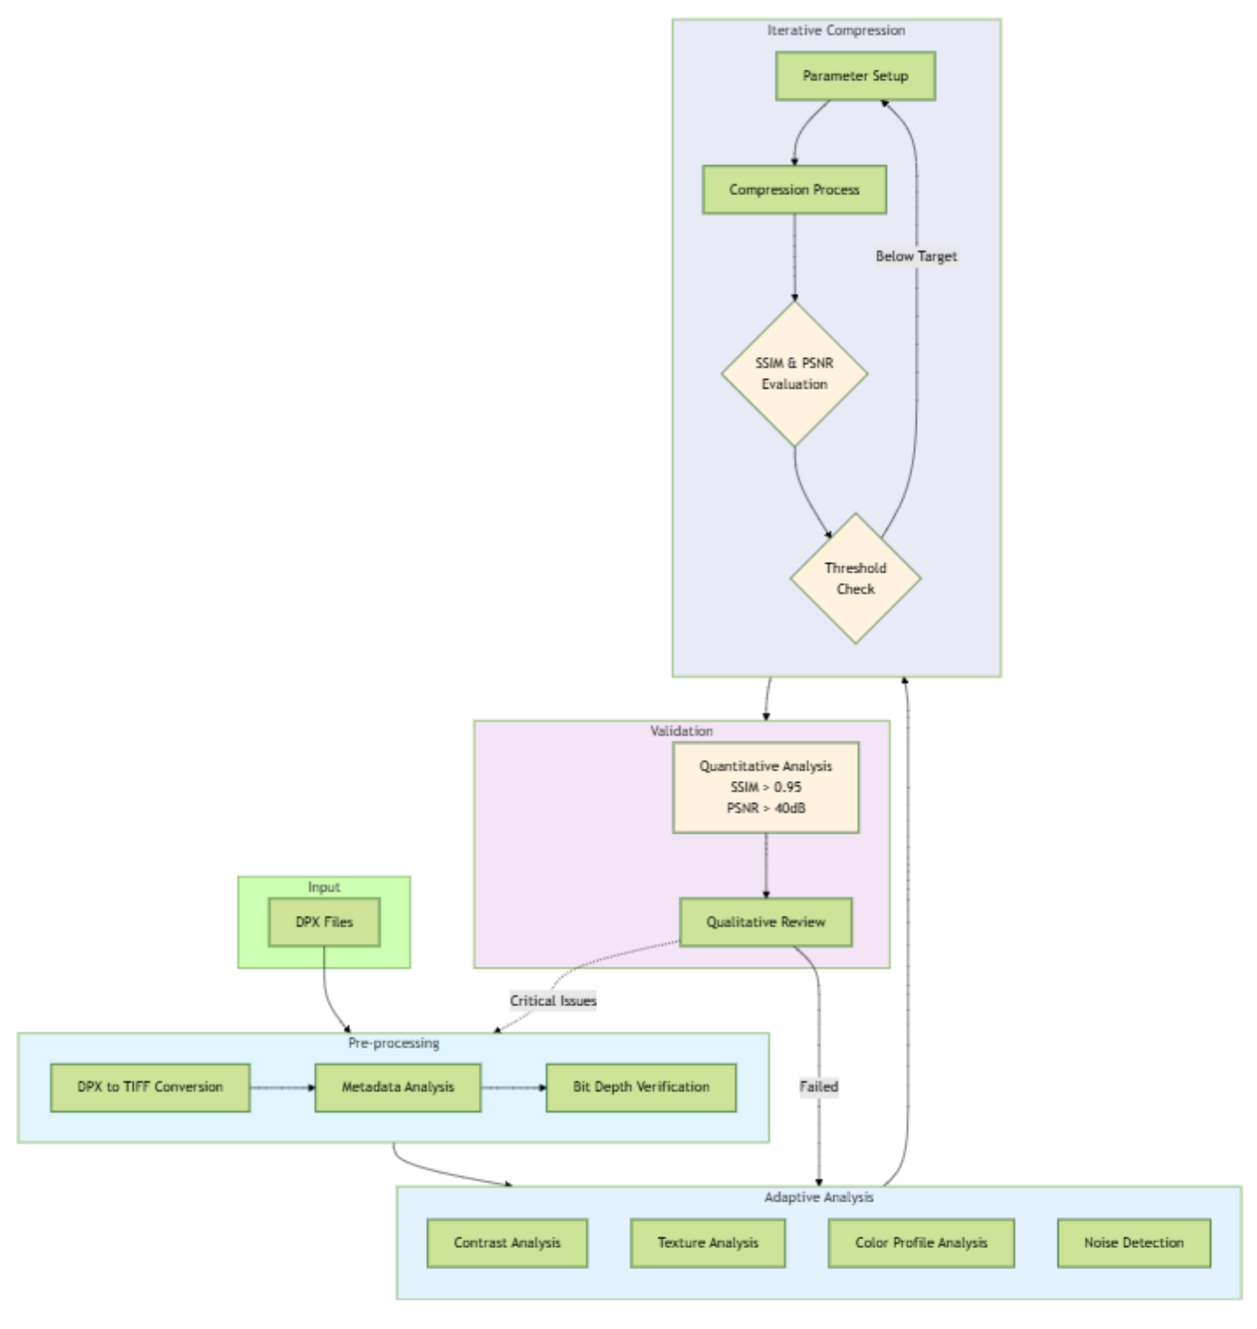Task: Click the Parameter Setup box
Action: (x=854, y=76)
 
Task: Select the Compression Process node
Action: (x=794, y=190)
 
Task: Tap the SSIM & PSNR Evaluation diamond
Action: (x=794, y=374)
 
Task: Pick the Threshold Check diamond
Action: (x=855, y=579)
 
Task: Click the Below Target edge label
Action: (x=916, y=256)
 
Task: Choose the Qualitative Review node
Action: (x=766, y=922)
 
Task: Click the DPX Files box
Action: (x=324, y=922)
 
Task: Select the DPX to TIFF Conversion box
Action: (x=150, y=1087)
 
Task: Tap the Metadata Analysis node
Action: (x=397, y=1087)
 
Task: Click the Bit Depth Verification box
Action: (x=641, y=1087)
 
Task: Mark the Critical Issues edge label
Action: (x=553, y=1001)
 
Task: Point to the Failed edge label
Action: (x=818, y=1087)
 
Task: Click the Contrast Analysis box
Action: (x=507, y=1243)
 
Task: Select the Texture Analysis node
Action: (x=708, y=1243)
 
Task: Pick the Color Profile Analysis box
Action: (x=921, y=1243)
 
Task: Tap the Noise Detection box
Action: (x=1133, y=1243)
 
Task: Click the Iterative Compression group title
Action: (x=836, y=31)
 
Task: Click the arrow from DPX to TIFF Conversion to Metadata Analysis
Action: (x=282, y=1088)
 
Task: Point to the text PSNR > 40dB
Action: (x=766, y=808)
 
